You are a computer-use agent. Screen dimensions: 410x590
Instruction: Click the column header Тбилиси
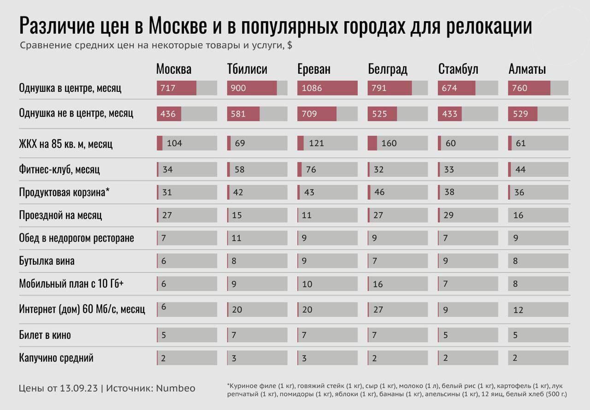pos(247,70)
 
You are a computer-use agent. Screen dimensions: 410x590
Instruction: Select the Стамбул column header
pos(458,70)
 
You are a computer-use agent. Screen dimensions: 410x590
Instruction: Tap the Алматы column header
pos(527,70)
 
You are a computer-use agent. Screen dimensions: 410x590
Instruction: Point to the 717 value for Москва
pos(168,88)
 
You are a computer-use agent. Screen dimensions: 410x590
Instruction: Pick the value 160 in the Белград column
pos(389,143)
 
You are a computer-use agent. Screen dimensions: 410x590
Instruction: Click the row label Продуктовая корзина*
pos(64,192)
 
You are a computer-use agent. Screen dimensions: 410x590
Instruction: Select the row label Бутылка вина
pos(47,261)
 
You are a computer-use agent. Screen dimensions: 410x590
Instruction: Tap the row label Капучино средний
pos(56,357)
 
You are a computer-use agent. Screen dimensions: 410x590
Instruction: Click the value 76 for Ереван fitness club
pos(311,170)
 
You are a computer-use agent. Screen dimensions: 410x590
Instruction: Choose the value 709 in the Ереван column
pos(310,113)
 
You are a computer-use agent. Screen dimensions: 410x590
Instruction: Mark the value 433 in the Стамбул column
pos(450,113)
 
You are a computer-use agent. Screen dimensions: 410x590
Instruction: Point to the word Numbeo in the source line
pos(175,388)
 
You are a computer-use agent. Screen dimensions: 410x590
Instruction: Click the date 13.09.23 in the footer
pos(79,388)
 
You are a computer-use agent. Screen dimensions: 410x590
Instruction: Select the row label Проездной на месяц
pos(60,215)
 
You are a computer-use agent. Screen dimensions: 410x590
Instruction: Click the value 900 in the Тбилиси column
pos(238,88)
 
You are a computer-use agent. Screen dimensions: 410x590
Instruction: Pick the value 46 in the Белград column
pos(379,192)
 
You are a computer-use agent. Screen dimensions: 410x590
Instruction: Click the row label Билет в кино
pos(45,335)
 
